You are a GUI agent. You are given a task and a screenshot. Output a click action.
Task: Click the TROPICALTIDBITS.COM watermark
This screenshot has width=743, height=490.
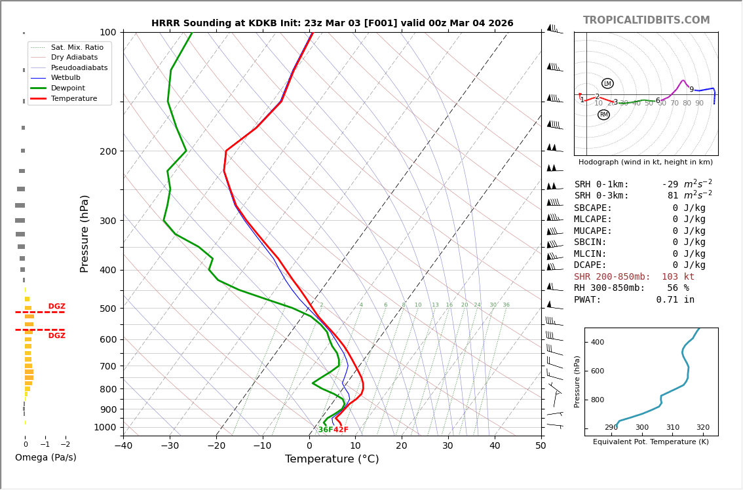646,20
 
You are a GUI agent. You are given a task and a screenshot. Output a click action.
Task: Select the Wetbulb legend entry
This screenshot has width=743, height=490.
66,77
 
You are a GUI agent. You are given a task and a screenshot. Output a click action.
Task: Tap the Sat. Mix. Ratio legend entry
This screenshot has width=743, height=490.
77,47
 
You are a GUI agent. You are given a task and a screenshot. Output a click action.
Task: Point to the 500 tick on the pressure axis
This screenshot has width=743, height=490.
107,309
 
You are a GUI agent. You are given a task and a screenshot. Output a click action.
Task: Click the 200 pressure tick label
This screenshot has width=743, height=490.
107,151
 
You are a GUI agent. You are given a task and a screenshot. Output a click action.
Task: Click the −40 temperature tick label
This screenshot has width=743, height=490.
123,446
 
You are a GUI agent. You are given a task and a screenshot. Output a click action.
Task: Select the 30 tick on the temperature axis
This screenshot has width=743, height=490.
448,446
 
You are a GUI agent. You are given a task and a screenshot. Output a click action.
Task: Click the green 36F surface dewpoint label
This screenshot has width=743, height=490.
325,430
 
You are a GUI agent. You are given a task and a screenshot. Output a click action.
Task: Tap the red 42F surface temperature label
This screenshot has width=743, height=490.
341,430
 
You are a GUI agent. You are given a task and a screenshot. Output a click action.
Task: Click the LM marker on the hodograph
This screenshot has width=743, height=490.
607,83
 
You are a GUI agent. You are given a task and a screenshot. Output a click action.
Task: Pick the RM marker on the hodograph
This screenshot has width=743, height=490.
603,115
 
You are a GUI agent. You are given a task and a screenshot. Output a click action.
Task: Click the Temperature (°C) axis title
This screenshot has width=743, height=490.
332,459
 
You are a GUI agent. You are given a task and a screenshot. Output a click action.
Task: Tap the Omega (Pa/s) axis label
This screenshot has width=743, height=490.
46,457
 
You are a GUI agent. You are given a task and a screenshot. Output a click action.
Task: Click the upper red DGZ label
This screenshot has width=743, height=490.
56,307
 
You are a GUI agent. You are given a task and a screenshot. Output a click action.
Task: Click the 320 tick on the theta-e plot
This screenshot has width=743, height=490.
702,428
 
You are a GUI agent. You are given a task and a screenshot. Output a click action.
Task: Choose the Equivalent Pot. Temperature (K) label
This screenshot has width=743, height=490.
651,442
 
